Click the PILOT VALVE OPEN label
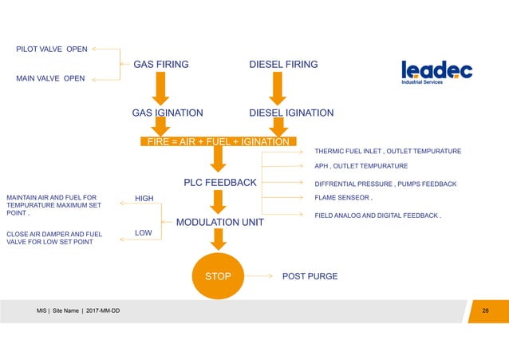pyautogui.click(x=52, y=49)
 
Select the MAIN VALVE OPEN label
pyautogui.click(x=50, y=78)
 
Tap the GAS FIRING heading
pyautogui.click(x=160, y=65)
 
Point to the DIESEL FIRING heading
pyautogui.click(x=283, y=65)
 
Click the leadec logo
pyautogui.click(x=436, y=71)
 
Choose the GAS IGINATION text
pyautogui.click(x=167, y=113)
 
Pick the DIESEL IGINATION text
pyautogui.click(x=291, y=113)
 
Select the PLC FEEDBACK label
pyautogui.click(x=220, y=183)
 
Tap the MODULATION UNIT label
pyautogui.click(x=219, y=222)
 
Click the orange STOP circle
pyautogui.click(x=217, y=276)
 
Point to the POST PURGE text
pyautogui.click(x=310, y=276)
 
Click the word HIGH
pyautogui.click(x=144, y=199)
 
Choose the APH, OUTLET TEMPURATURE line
pyautogui.click(x=361, y=166)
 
